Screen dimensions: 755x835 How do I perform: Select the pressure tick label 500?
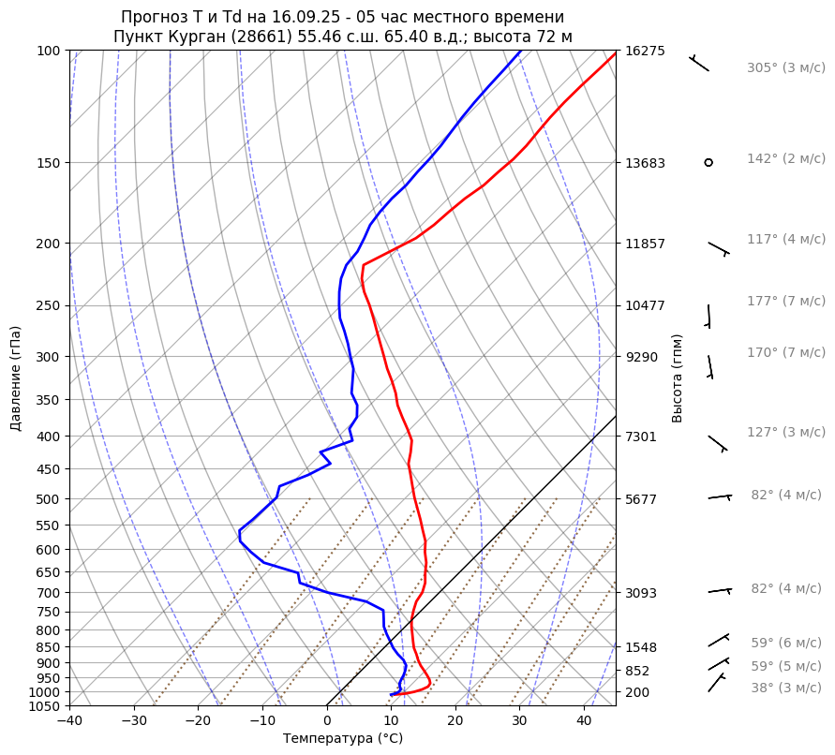click(x=49, y=499)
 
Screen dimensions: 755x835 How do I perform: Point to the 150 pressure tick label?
click(x=49, y=163)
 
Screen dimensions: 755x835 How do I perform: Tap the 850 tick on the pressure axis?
click(x=49, y=647)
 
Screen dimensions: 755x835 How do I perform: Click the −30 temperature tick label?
click(x=134, y=721)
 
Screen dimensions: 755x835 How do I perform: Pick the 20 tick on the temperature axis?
click(x=455, y=721)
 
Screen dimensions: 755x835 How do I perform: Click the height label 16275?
click(x=645, y=51)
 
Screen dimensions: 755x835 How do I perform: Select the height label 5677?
click(x=645, y=499)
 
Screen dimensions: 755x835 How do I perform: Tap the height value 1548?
click(x=645, y=647)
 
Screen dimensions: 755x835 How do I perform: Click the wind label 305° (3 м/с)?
click(x=785, y=68)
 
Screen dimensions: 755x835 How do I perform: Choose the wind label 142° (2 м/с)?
click(x=785, y=159)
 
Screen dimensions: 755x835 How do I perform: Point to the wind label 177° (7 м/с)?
click(x=785, y=302)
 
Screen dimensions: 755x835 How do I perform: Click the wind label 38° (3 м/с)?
click(x=785, y=688)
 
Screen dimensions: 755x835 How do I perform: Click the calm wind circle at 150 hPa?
click(x=708, y=163)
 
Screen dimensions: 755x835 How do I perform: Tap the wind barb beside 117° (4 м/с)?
click(x=719, y=248)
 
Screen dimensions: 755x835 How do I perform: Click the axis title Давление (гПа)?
click(x=16, y=378)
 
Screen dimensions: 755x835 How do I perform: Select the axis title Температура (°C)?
click(x=343, y=739)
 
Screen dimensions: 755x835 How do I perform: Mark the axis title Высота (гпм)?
click(x=678, y=378)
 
